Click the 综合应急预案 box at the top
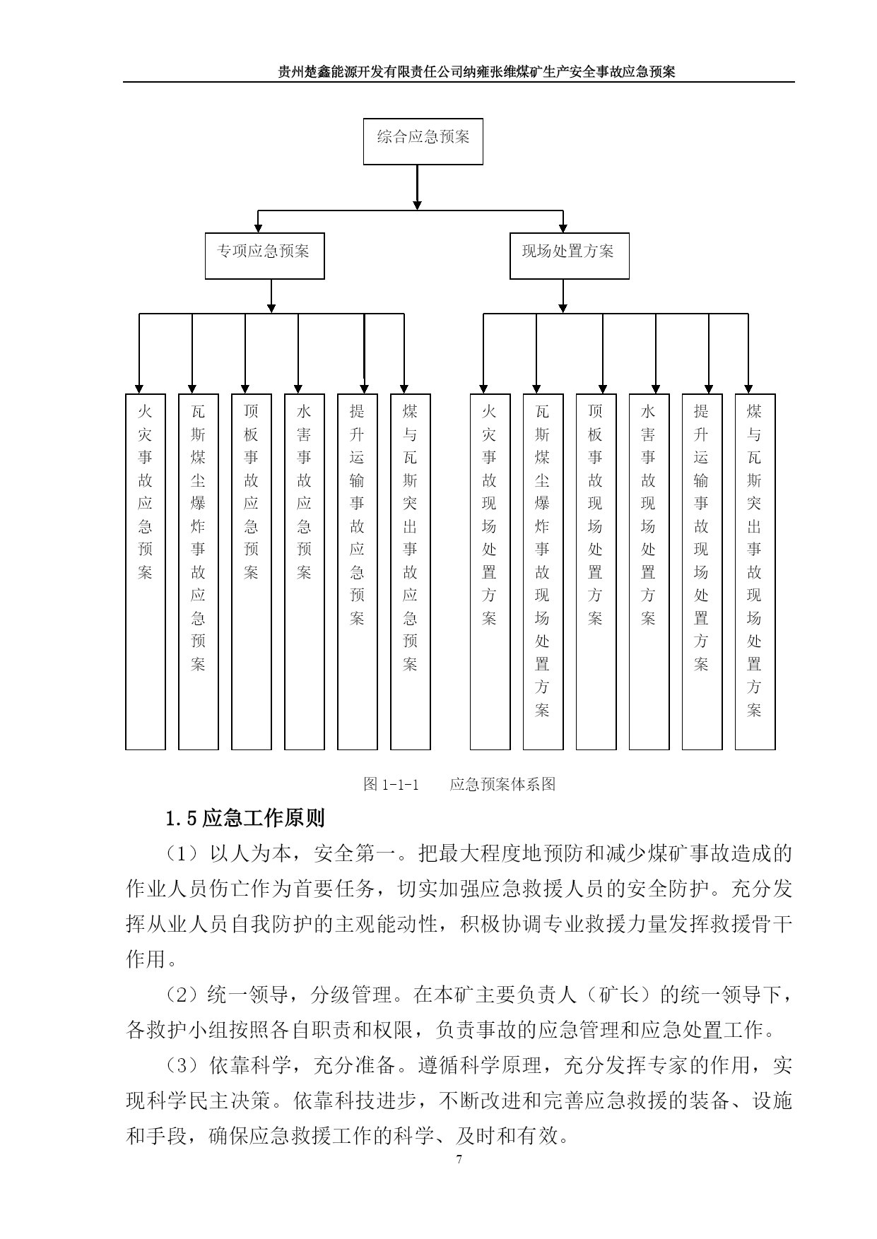coord(423,141)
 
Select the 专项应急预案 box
coord(264,256)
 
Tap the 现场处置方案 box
coord(569,256)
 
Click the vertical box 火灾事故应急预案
coord(145,571)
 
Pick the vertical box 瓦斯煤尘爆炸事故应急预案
coord(198,571)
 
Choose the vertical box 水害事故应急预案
coord(304,571)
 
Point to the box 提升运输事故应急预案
coord(357,571)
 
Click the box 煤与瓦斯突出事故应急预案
coord(410,571)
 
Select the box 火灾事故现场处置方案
coord(490,571)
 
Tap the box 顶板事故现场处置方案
coord(596,571)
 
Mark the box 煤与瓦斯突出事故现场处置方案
coord(755,571)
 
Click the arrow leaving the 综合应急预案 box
coord(417,187)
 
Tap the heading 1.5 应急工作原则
coord(245,818)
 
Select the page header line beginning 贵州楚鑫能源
coord(476,71)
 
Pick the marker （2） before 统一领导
coord(183,995)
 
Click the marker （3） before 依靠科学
coord(183,1065)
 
